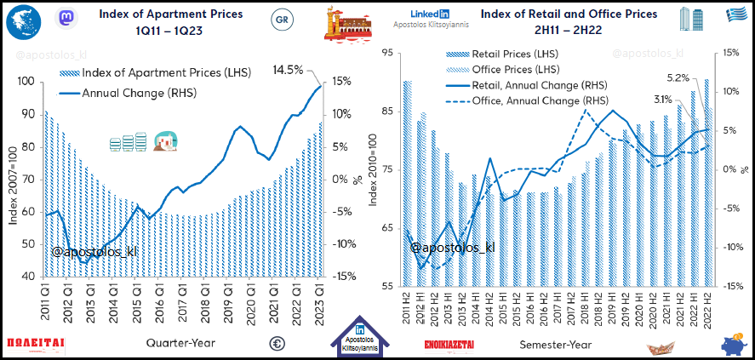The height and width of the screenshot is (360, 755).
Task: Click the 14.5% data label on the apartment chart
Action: [x=289, y=70]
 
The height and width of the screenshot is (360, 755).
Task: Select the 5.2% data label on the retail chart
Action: [x=678, y=77]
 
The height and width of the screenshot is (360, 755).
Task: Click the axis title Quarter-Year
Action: [x=180, y=344]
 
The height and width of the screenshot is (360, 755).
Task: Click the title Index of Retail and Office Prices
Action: [x=569, y=14]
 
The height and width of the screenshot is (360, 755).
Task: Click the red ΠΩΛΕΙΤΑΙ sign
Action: [x=36, y=344]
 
